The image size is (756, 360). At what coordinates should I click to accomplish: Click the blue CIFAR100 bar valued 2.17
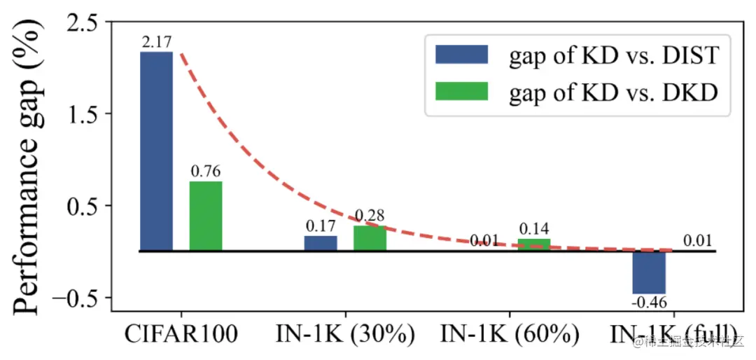[x=156, y=151]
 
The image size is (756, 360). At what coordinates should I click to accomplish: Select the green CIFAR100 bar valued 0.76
[x=206, y=216]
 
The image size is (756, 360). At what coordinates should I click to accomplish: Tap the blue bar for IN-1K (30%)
[x=321, y=243]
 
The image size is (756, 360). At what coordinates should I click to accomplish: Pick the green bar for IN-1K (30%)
[x=370, y=238]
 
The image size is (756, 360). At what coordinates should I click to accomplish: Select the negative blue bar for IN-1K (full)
[x=649, y=272]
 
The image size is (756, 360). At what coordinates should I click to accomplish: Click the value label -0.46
[x=649, y=303]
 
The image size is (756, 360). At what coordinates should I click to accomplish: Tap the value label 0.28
[x=370, y=216]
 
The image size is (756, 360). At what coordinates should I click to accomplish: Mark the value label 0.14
[x=534, y=228]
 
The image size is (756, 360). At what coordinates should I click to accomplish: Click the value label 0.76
[x=206, y=171]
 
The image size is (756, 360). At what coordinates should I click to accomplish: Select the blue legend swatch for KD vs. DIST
[x=461, y=54]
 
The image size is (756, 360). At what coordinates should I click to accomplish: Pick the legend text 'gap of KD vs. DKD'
[x=613, y=92]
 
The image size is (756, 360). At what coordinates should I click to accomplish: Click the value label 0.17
[x=321, y=226]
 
